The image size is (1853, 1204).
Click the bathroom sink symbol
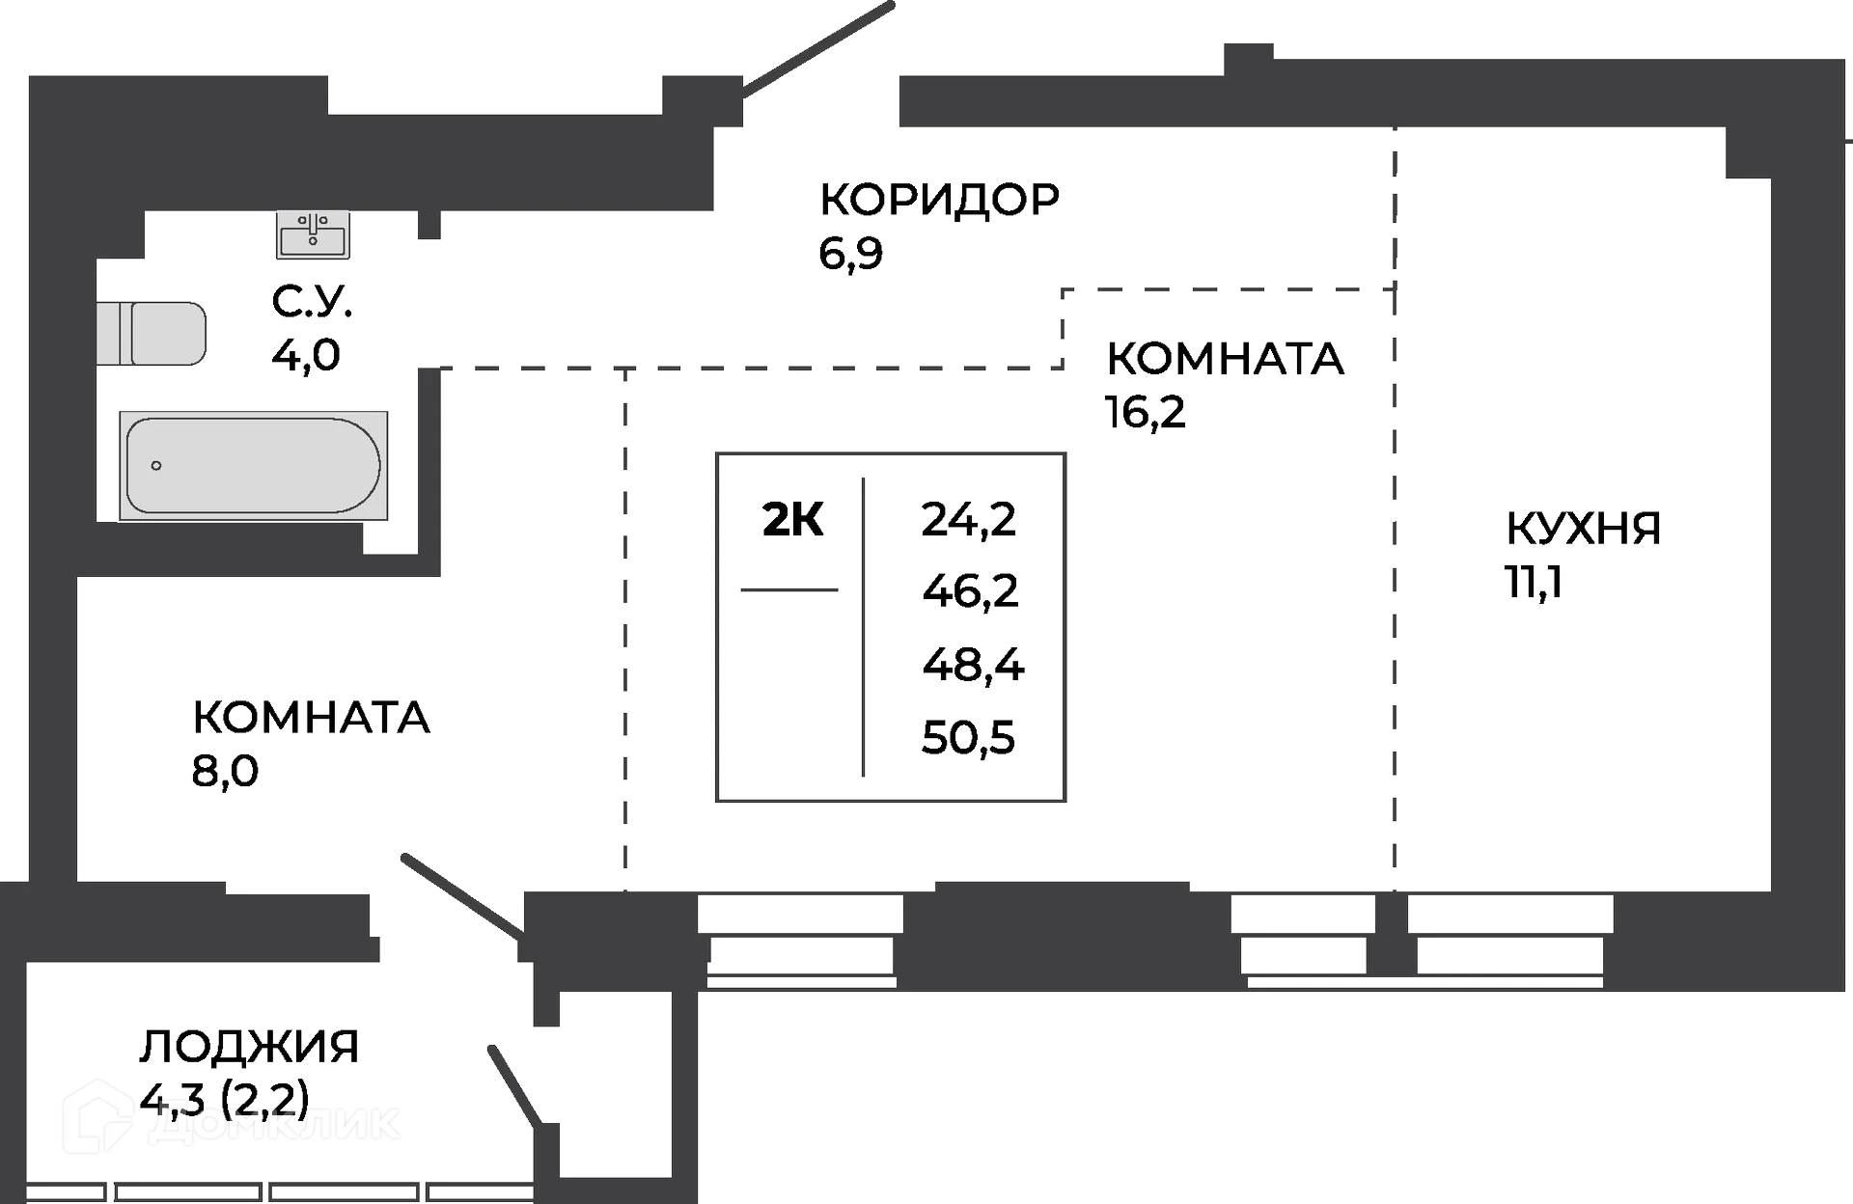point(313,235)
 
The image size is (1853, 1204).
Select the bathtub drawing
point(253,466)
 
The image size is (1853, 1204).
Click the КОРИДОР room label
point(938,200)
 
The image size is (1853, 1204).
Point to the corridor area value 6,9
point(850,254)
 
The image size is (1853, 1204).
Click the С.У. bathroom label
point(312,303)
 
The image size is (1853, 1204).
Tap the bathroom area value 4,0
point(306,355)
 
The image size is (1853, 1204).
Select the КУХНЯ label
point(1583,529)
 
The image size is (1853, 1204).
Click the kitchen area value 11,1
point(1533,582)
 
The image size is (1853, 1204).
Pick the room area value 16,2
point(1146,413)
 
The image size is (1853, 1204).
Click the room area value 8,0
point(226,771)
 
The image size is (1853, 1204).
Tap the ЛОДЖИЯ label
point(251,1047)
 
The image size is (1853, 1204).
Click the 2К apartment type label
point(793,521)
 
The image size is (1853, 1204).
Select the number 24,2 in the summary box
point(969,521)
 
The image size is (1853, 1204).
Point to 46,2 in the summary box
point(970,591)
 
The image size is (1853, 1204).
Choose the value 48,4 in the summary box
point(973,665)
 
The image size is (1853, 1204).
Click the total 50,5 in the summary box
point(969,738)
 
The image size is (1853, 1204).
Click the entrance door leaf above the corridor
point(818,48)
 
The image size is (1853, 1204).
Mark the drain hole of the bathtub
point(156,466)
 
